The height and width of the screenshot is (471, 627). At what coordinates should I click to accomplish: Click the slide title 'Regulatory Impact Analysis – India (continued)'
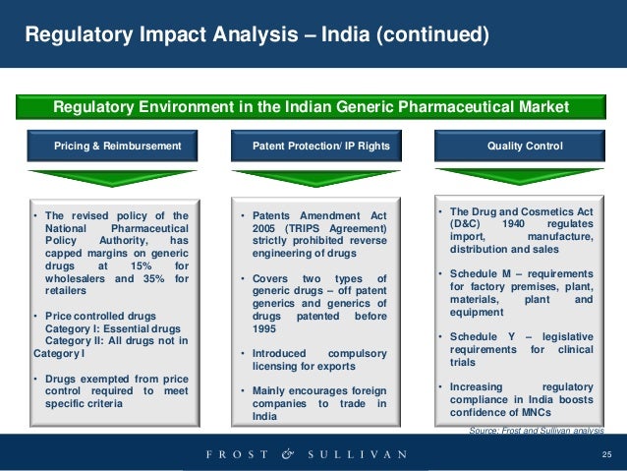pos(256,36)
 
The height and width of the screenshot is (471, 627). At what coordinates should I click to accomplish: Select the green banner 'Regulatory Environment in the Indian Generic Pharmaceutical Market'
pos(311,106)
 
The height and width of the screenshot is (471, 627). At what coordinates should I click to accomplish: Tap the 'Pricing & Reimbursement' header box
pos(118,147)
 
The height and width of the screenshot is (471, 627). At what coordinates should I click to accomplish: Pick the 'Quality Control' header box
pos(525,147)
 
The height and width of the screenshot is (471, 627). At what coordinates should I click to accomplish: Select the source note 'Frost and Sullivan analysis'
pos(536,431)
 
